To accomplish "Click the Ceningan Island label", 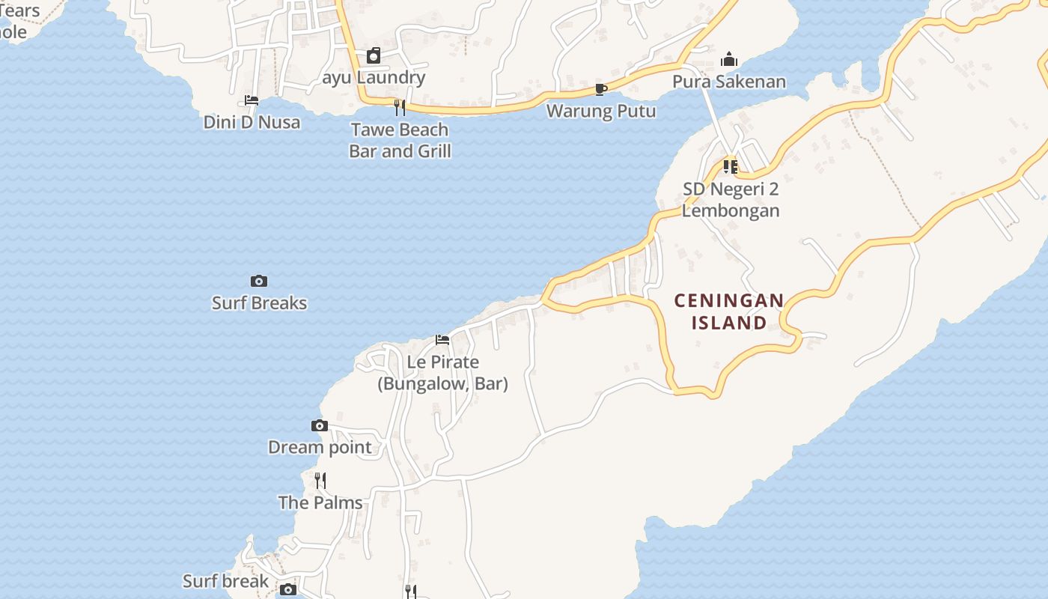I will point(729,311).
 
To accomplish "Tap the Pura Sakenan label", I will point(729,82).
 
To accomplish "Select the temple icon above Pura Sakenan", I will point(729,60).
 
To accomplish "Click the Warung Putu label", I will point(601,111).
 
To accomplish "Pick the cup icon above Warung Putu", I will point(600,90).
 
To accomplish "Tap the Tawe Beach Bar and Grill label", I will point(400,140).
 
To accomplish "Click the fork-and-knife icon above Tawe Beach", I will point(400,108).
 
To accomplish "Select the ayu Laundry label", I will point(374,77).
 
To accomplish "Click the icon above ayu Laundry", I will point(374,55).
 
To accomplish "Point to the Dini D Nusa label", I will point(252,122).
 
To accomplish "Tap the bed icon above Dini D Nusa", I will point(252,100).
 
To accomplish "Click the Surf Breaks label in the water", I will point(259,302).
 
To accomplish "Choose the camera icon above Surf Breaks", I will point(259,281).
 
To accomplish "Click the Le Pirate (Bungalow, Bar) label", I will point(442,373).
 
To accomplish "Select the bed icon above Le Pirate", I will point(442,340).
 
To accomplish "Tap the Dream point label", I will point(320,447).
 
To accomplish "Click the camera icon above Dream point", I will point(320,425).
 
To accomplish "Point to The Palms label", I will point(320,502).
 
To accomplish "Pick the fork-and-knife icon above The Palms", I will point(320,480).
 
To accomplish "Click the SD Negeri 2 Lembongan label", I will point(731,200).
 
